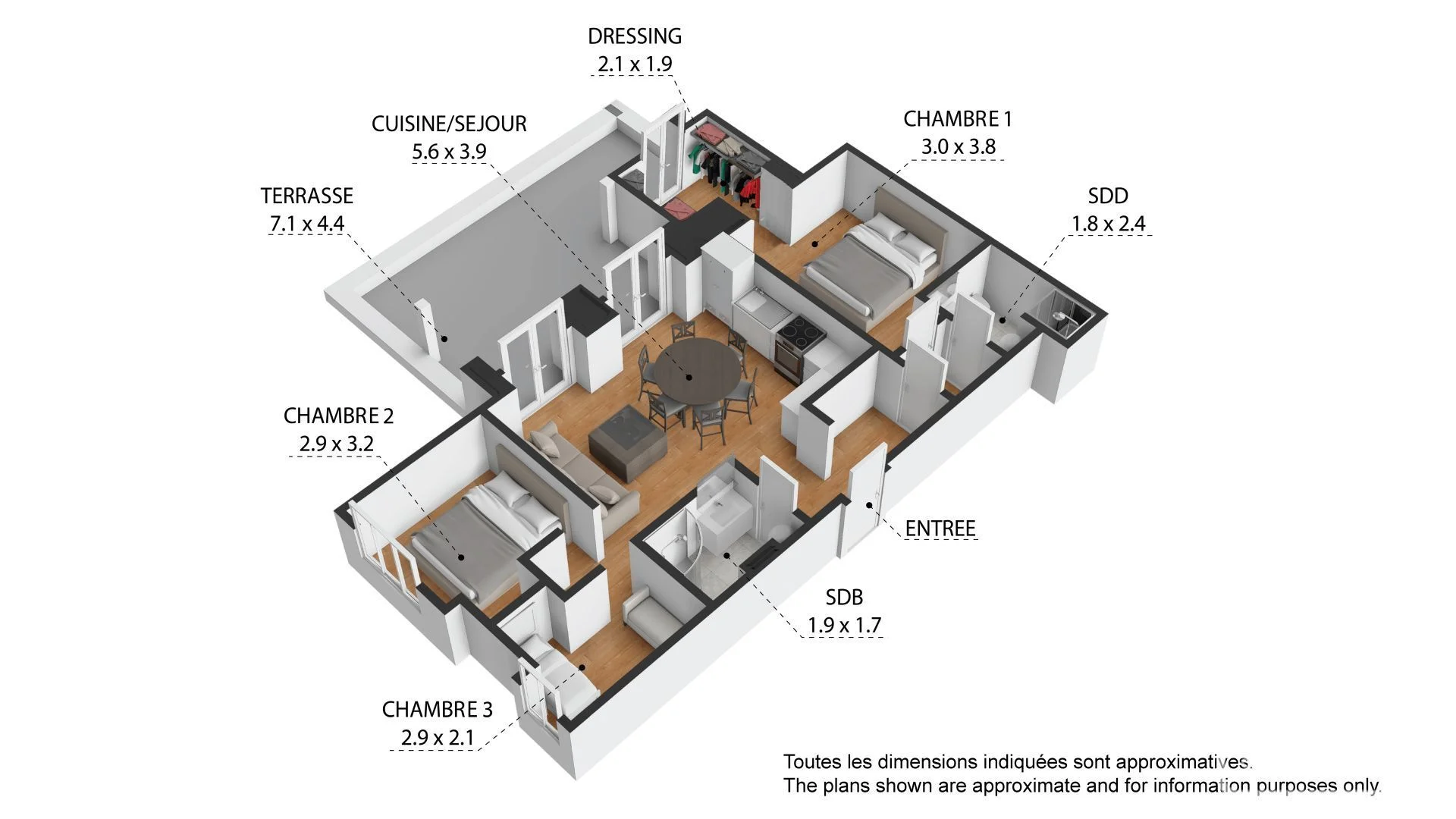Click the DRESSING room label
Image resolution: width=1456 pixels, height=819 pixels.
coord(635,36)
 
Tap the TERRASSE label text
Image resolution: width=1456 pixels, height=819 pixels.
coord(307,196)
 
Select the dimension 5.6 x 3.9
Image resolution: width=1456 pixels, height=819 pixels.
coord(449,151)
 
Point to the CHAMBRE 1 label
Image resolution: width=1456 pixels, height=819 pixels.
coord(958,118)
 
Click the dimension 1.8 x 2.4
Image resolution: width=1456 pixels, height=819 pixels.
coord(1108,224)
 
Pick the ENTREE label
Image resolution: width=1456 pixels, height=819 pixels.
coord(940,528)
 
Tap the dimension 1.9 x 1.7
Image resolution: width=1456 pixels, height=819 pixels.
coord(844,625)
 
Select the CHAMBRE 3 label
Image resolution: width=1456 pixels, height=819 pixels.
coord(437,709)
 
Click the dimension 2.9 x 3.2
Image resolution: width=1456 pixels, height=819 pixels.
coord(336,443)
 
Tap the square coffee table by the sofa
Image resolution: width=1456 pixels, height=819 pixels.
coord(628,442)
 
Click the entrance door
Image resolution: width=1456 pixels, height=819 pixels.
coord(864,500)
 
